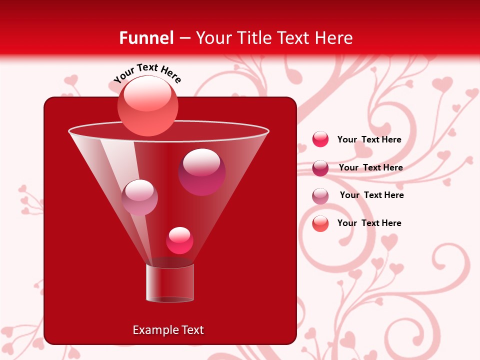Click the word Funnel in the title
[x=146, y=37]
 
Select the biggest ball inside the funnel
[x=202, y=172]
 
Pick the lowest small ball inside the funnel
[x=180, y=240]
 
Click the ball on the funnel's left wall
[x=139, y=197]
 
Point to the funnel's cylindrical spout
[x=170, y=283]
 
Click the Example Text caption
[x=168, y=330]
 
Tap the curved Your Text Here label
[x=147, y=73]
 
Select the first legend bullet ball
[x=320, y=139]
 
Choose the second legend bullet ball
[x=320, y=168]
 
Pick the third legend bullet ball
[x=320, y=196]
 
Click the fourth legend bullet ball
[x=320, y=223]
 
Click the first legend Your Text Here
[x=369, y=140]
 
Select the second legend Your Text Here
[x=370, y=167]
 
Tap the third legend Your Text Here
[x=371, y=195]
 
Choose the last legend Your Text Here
[x=369, y=223]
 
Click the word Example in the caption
[x=152, y=330]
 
